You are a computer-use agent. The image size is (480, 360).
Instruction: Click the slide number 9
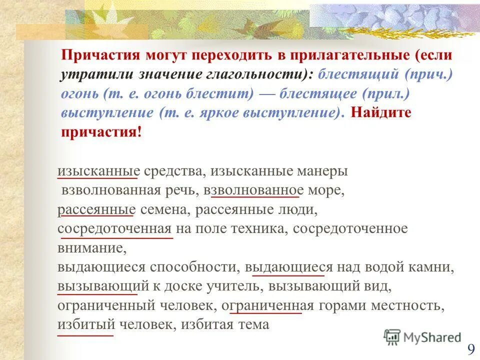coord(471,348)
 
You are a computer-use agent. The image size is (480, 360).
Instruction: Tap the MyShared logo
coord(422,336)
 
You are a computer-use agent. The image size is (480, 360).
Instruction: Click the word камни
coord(434,267)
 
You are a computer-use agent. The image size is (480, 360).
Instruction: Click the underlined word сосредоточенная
coord(115,229)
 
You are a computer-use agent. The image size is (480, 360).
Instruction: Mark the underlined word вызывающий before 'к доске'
coord(103,286)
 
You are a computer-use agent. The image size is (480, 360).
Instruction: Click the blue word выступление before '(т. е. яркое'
coord(107,112)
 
